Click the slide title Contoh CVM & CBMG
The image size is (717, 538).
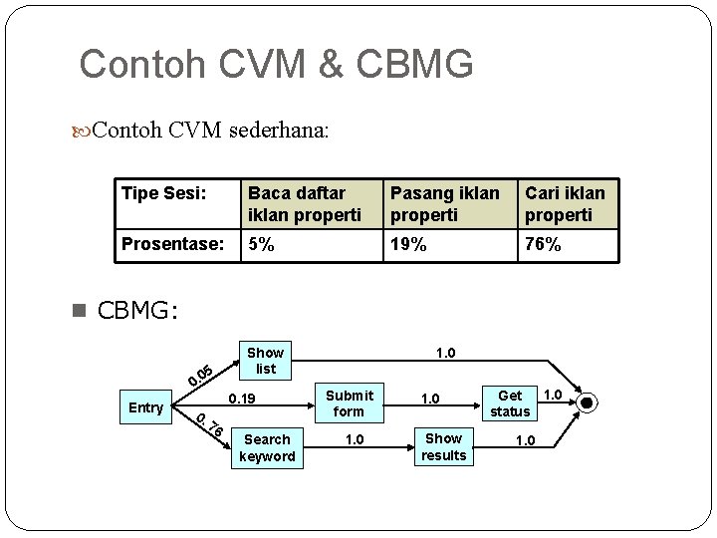tap(276, 64)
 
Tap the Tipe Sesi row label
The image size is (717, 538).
tap(163, 192)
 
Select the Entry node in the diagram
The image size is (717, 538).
tap(146, 407)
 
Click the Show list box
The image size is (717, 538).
tap(265, 361)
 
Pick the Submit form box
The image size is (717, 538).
tap(349, 403)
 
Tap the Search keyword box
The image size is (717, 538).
tap(267, 447)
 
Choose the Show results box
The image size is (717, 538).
tap(443, 446)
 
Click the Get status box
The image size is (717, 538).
tap(510, 403)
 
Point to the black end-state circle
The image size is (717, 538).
tap(588, 403)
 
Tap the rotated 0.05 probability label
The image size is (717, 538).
tap(201, 374)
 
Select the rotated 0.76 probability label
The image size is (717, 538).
tap(208, 428)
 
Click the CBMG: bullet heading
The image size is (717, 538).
tap(137, 311)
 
